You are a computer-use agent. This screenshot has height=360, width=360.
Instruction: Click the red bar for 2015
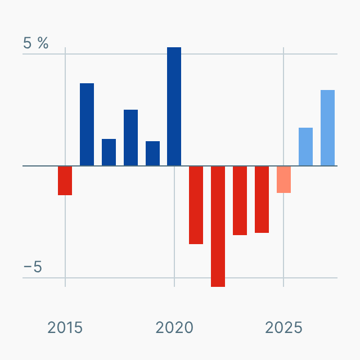pos(65,181)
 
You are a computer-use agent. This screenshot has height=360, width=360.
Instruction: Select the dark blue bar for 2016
pos(87,124)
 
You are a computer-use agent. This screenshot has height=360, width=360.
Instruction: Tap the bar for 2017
pos(109,152)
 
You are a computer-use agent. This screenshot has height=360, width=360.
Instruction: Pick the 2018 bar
pos(130,138)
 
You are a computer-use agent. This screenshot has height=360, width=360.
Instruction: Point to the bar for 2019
pos(152,154)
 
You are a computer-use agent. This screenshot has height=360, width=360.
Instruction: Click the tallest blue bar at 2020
pos(174,106)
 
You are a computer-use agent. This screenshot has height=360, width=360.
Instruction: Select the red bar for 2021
pos(196,205)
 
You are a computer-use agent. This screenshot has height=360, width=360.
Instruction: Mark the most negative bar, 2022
pos(218,226)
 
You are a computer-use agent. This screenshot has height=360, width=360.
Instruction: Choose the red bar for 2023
pos(240,200)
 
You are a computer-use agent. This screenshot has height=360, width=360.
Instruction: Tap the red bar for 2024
pos(262,199)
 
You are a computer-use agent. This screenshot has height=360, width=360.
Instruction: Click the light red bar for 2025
pos(283,179)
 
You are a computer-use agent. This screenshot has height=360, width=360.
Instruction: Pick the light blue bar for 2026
pos(305,147)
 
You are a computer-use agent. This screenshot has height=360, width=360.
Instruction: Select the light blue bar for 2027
pos(327,128)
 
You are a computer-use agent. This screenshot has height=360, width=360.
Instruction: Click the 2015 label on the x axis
pos(65,327)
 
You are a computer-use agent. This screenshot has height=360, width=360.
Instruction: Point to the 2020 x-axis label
pos(174,327)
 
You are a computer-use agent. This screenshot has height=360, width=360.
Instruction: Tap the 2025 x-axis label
pos(283,327)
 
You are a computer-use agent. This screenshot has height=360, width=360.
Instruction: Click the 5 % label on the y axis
pos(36,43)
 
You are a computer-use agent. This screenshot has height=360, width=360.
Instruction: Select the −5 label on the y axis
pos(33,267)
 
